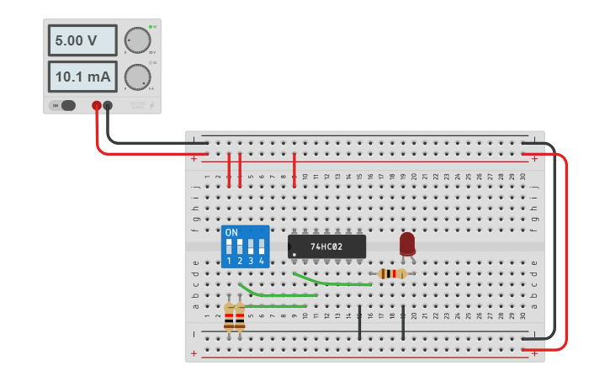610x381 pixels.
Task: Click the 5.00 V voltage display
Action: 82,40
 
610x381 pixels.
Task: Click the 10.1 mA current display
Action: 82,77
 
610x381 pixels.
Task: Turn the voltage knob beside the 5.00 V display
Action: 136,40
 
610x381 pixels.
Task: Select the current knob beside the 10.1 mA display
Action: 136,77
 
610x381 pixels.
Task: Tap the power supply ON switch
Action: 65,105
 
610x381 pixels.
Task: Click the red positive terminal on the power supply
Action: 97,105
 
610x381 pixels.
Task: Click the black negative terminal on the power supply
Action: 108,105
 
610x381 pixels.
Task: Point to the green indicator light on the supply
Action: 151,27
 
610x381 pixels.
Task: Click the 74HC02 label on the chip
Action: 326,246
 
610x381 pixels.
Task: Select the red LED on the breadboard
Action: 407,243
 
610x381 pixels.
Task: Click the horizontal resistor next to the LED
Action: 391,273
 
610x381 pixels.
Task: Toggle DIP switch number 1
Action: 229,247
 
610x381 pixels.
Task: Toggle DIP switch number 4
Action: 262,247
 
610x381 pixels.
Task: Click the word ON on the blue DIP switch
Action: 231,232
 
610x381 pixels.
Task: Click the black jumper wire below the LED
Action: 403,323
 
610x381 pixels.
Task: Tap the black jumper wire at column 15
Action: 359,323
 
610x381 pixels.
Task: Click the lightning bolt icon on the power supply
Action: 151,105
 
